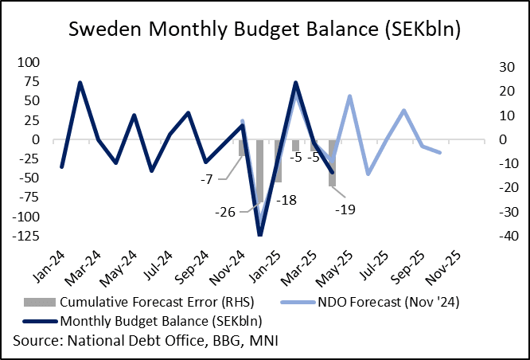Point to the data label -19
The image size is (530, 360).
pos(345,209)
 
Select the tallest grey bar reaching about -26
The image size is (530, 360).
pos(259,171)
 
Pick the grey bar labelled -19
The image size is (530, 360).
pos(332,163)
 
